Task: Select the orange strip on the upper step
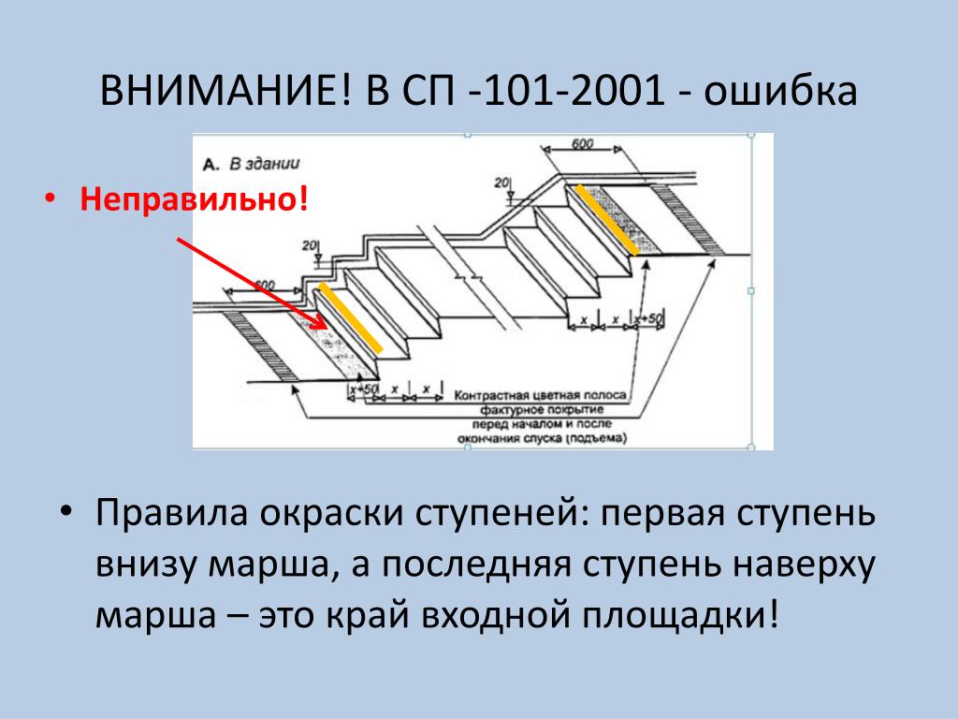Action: click(606, 219)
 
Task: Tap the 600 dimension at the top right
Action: click(583, 144)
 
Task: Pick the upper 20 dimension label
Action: click(501, 182)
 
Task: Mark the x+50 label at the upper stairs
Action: click(648, 319)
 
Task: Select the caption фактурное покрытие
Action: click(543, 410)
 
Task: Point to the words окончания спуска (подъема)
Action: click(543, 438)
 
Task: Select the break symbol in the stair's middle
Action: click(466, 278)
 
